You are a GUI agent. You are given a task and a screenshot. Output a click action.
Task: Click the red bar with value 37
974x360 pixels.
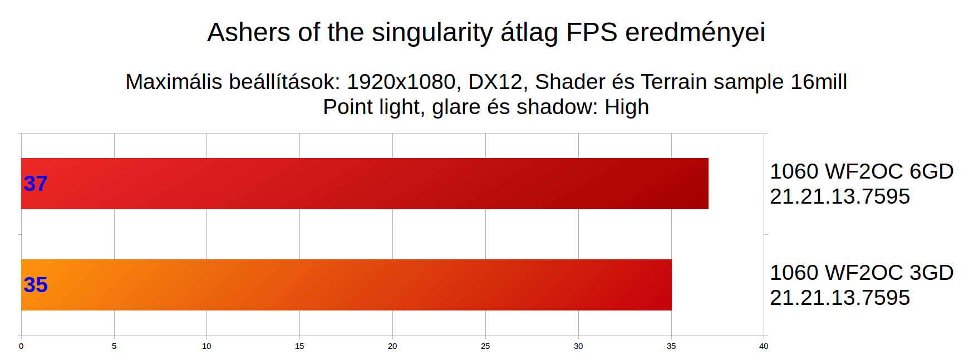click(x=365, y=184)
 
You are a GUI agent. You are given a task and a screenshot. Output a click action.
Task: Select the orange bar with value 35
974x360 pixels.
click(x=346, y=285)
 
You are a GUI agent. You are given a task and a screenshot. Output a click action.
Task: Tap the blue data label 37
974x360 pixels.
click(x=36, y=184)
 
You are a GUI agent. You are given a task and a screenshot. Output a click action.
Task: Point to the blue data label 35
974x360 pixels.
click(x=36, y=285)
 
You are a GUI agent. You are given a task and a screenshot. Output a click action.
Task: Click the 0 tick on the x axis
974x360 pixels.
click(x=21, y=346)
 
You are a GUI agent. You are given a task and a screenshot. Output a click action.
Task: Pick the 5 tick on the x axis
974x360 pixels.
click(x=114, y=346)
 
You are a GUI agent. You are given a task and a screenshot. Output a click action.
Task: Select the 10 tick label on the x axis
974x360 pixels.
click(x=206, y=346)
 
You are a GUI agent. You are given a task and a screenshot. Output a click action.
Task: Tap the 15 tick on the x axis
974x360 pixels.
click(x=299, y=346)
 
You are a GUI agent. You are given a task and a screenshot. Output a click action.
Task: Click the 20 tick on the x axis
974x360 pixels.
click(x=392, y=346)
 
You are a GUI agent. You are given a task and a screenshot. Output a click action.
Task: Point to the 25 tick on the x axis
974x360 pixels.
click(x=485, y=346)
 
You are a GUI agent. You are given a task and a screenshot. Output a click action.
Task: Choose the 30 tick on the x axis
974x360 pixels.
click(x=578, y=346)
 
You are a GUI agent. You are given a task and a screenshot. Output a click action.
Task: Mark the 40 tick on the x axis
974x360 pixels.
click(x=764, y=346)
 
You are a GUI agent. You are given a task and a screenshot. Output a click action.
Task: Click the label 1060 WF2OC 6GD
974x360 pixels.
click(x=862, y=171)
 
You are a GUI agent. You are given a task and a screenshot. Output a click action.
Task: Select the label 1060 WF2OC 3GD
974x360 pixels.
click(x=862, y=273)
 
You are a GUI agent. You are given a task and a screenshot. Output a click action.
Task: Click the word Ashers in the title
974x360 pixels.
click(x=249, y=32)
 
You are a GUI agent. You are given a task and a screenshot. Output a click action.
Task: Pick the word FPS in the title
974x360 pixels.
click(x=592, y=32)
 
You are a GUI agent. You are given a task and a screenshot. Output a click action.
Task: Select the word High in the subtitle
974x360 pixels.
click(x=627, y=107)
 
